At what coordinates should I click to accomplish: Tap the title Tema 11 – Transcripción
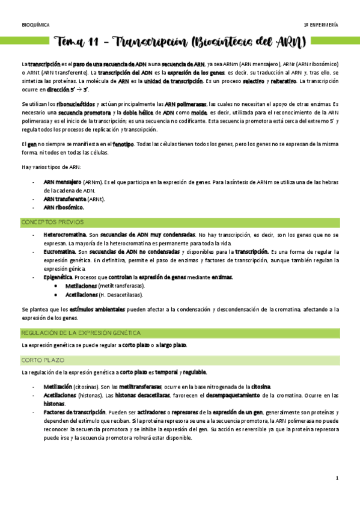coord(180,43)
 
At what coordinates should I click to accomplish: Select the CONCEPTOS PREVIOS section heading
coord(52,222)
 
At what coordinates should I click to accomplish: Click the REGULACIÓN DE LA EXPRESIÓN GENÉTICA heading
coord(81,332)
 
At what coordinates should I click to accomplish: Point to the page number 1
coord(338,478)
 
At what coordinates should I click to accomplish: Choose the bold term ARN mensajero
coord(63,182)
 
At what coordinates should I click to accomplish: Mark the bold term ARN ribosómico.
coord(64,207)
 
